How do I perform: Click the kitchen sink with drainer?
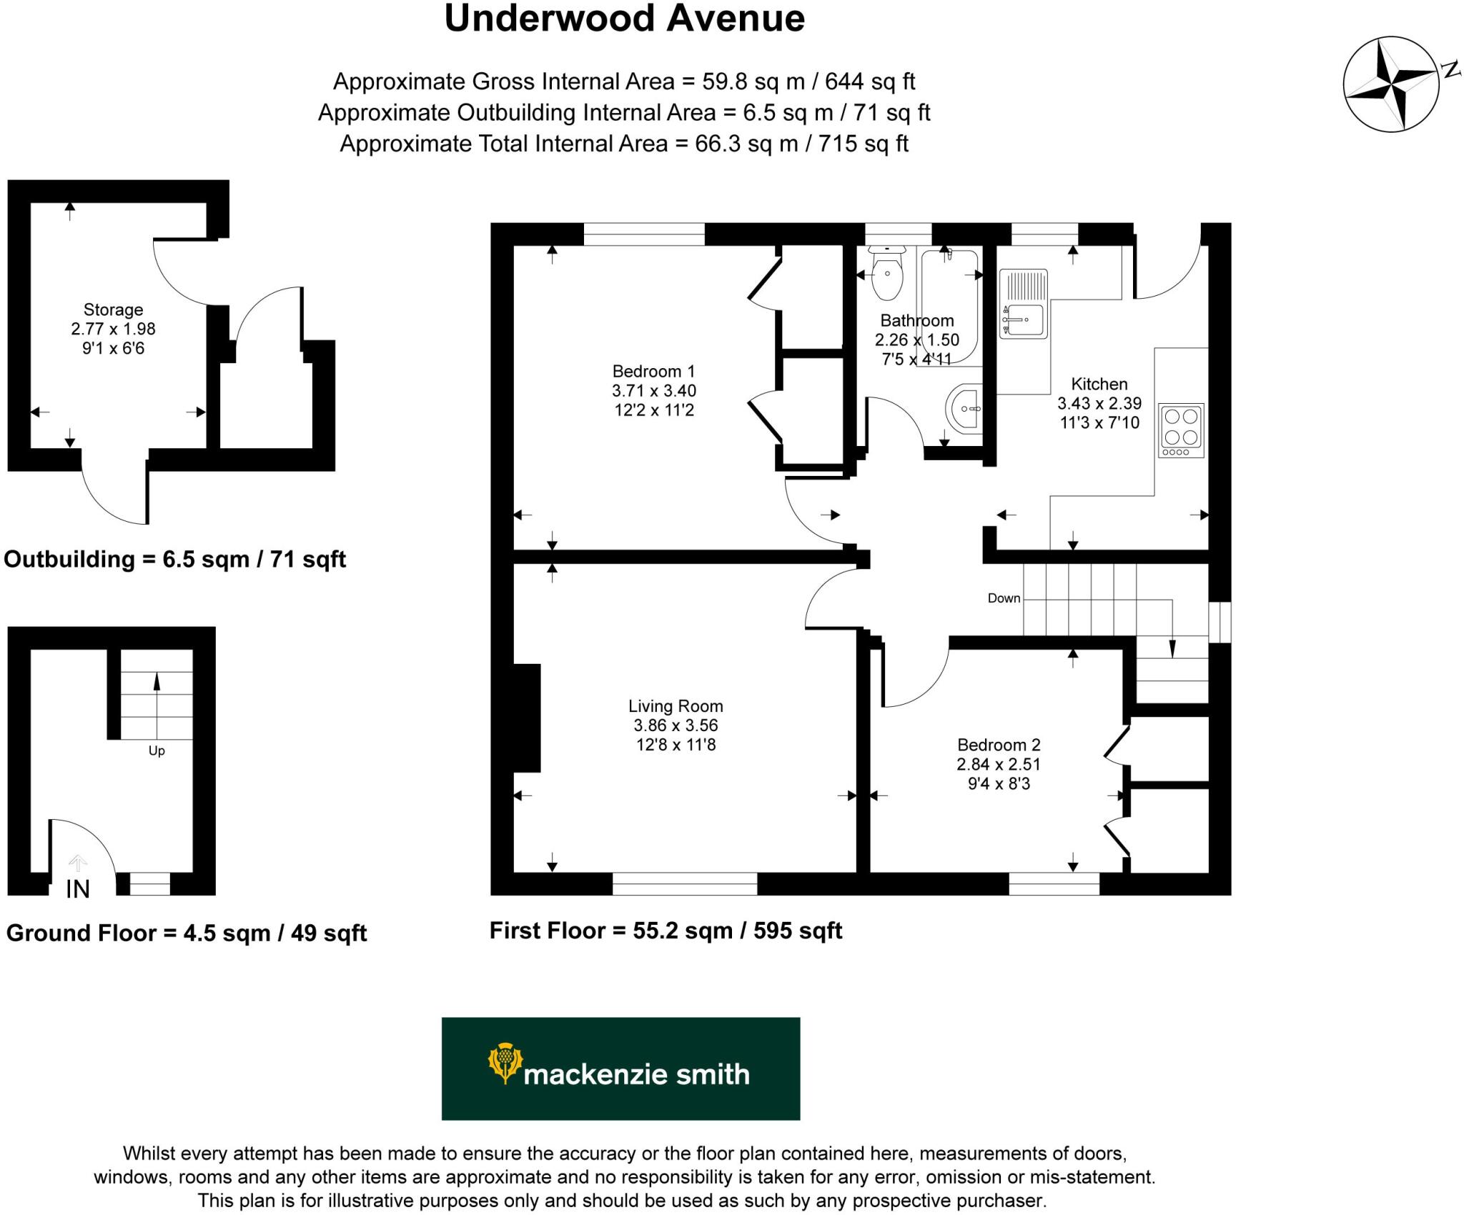pyautogui.click(x=1024, y=304)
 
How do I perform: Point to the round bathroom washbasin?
pyautogui.click(x=965, y=408)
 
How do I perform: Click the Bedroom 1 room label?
pyautogui.click(x=653, y=371)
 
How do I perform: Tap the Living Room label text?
pyautogui.click(x=676, y=706)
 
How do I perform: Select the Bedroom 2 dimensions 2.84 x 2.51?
pyautogui.click(x=999, y=764)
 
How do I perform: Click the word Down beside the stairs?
pyautogui.click(x=1004, y=598)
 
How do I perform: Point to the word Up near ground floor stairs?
pyautogui.click(x=157, y=750)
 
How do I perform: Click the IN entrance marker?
pyautogui.click(x=78, y=889)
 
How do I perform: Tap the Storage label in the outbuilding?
pyautogui.click(x=113, y=309)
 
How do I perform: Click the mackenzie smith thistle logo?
pyautogui.click(x=505, y=1063)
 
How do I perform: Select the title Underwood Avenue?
pyautogui.click(x=624, y=19)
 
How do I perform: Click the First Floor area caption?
pyautogui.click(x=666, y=931)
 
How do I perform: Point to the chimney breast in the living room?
pyautogui.click(x=527, y=718)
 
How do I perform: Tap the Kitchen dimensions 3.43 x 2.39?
pyautogui.click(x=1099, y=403)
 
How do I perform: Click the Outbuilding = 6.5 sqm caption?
pyautogui.click(x=174, y=559)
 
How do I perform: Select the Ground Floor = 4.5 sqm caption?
pyautogui.click(x=186, y=933)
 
